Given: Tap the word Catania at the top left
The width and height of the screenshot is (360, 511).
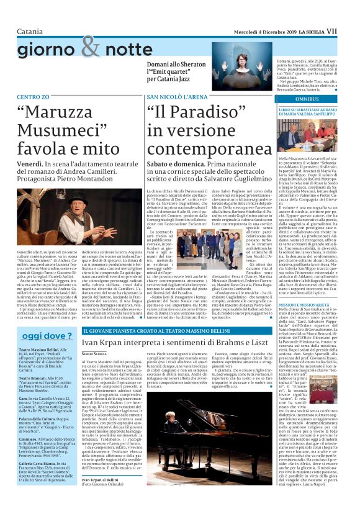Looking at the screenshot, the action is tap(30, 31).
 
